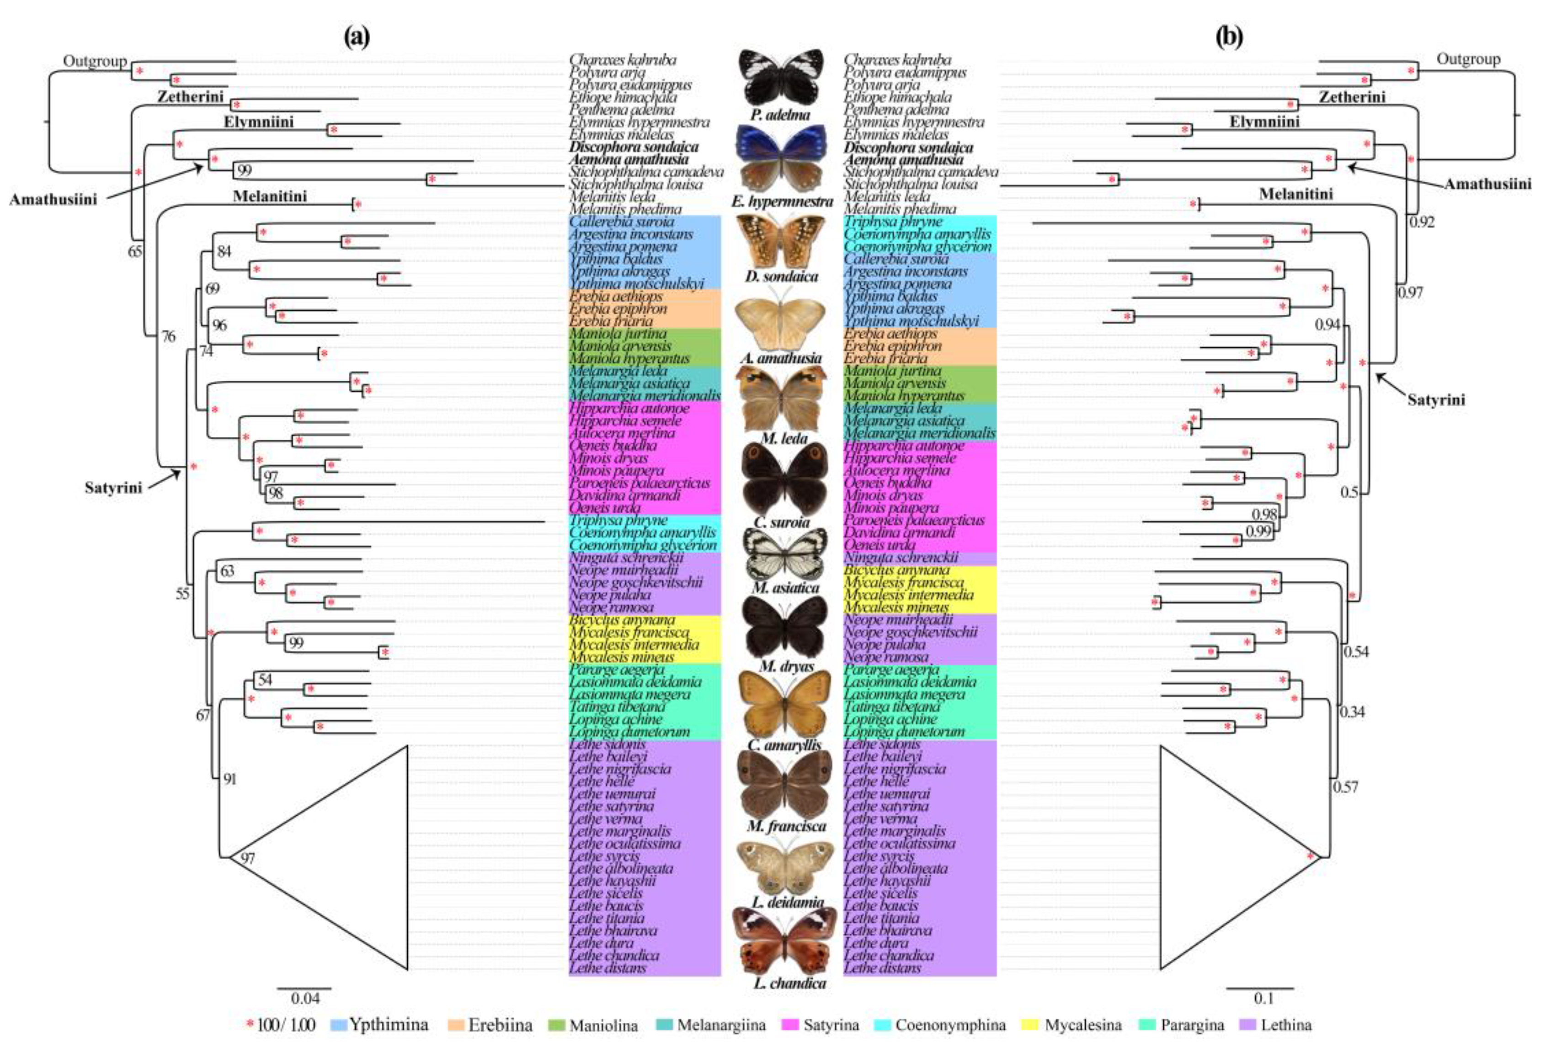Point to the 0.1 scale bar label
(x=1263, y=999)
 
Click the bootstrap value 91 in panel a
(x=229, y=779)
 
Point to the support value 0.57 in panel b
(x=1345, y=787)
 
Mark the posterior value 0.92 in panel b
(x=1422, y=222)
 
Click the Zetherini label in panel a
(x=190, y=97)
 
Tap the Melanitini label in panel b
(x=1295, y=194)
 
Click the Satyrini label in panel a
(x=113, y=488)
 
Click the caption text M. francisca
(x=786, y=826)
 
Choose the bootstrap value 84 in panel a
(x=224, y=251)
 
